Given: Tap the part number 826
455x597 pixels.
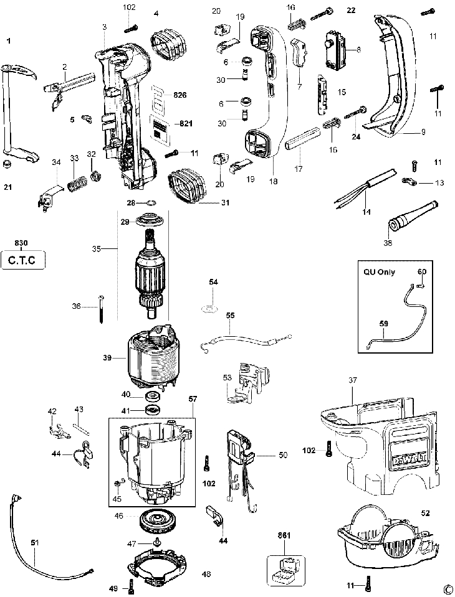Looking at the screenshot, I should (180, 95).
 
